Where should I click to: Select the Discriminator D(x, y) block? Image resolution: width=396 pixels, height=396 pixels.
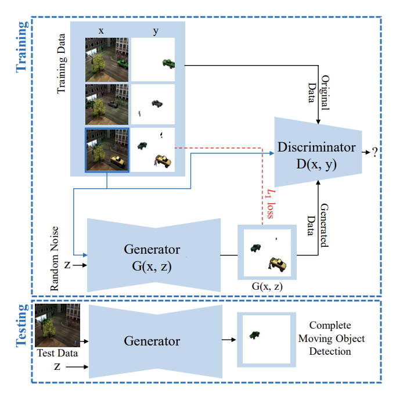click(x=316, y=154)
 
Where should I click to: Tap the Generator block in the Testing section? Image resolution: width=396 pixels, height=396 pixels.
click(x=152, y=341)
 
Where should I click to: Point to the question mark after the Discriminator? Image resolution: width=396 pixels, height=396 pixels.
click(x=375, y=153)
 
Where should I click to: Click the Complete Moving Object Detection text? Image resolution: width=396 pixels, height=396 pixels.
click(x=330, y=339)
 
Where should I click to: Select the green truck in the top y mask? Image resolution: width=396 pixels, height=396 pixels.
click(x=168, y=62)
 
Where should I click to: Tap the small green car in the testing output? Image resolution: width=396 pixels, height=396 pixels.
click(x=255, y=334)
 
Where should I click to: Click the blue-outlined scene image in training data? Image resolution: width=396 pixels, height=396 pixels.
click(x=107, y=150)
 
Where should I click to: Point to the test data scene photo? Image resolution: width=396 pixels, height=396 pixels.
click(x=57, y=325)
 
